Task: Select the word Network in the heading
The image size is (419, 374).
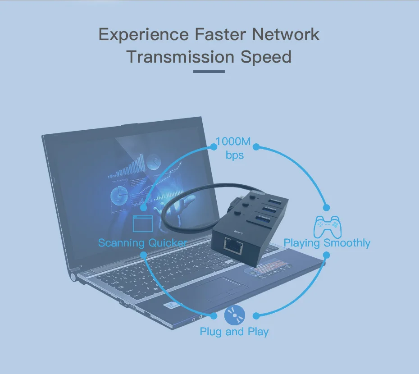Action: (x=286, y=35)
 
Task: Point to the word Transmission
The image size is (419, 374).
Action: (x=180, y=57)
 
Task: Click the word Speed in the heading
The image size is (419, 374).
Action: (x=266, y=57)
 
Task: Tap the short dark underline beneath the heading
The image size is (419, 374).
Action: (x=209, y=71)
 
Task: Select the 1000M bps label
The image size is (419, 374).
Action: (x=233, y=148)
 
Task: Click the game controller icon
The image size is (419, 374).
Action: (x=328, y=226)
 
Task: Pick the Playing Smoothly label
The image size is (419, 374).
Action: (x=327, y=243)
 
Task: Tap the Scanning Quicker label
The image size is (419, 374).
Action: (x=142, y=243)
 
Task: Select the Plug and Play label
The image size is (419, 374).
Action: (x=234, y=332)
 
